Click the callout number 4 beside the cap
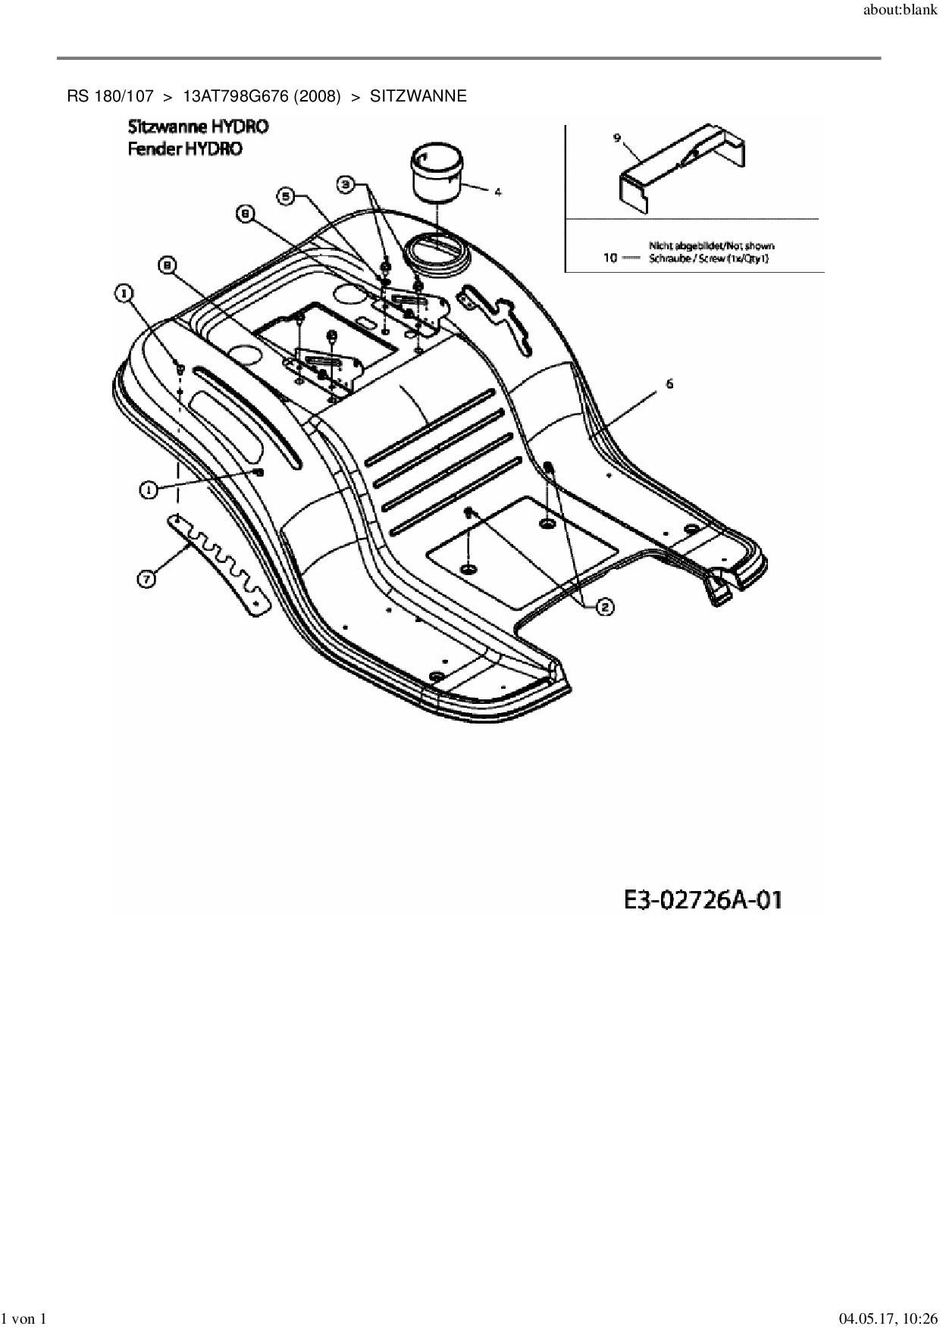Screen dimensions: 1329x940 [x=497, y=192]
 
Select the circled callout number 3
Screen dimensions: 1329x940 [x=346, y=183]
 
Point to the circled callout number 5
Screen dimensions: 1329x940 [x=285, y=197]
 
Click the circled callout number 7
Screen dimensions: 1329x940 [x=146, y=579]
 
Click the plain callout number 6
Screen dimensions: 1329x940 [x=669, y=384]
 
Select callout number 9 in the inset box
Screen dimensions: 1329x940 [x=617, y=137]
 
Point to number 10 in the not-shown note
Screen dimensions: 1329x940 [x=610, y=258]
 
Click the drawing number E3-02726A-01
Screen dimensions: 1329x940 [x=703, y=900]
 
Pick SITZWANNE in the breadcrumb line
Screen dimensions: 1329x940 [x=418, y=96]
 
